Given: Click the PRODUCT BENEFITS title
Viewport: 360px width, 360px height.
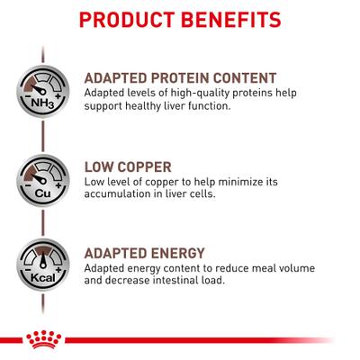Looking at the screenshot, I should pos(179,19).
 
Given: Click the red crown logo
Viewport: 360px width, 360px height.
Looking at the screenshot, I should pos(39,339).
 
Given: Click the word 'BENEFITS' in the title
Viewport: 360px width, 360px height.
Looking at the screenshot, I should pos(229,19).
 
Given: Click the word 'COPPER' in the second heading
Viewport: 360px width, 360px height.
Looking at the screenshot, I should pos(156,166).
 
